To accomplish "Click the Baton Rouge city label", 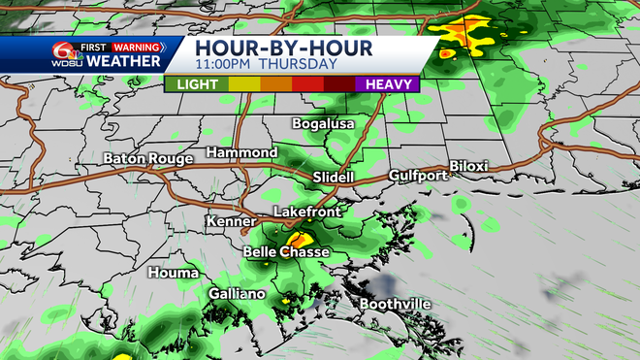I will point(144,157).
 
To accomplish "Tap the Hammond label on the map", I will point(241,153).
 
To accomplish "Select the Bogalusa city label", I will point(324,124).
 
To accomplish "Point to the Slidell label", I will point(335,178).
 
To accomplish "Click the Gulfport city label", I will point(418,176).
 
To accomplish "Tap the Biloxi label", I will point(468,167).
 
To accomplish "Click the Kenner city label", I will point(231,222).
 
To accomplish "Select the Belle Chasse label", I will point(286,252).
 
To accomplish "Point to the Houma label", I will point(174,274).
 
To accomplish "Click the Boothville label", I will point(396,304).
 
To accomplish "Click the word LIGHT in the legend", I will point(197,84).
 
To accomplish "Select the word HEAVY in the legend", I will point(387,84).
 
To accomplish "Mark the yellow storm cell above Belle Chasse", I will point(300,237).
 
